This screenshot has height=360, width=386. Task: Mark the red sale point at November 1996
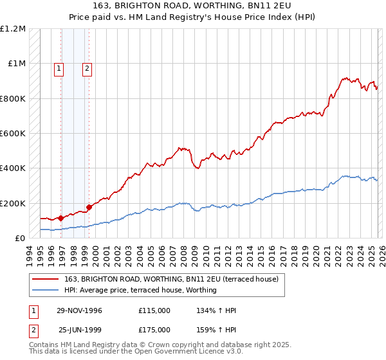[x=61, y=218]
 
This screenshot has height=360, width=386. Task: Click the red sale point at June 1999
[x=89, y=207]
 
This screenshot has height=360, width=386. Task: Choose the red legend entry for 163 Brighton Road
[x=171, y=279]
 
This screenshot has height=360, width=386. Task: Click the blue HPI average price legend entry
[x=140, y=290]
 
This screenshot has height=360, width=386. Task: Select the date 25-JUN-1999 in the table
[x=80, y=329]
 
